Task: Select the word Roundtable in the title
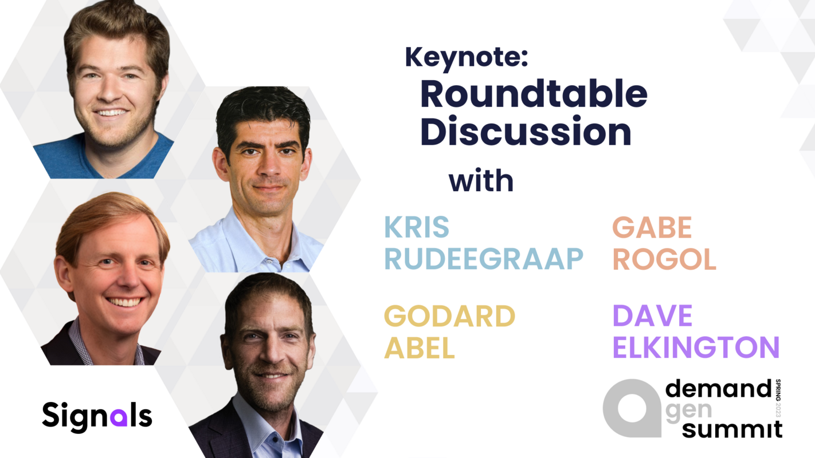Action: [534, 94]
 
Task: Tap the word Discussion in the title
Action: [526, 131]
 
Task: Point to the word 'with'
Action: [481, 181]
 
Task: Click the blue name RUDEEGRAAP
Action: [484, 259]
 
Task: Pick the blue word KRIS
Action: [417, 227]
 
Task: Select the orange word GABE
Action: [652, 227]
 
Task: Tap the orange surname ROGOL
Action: [664, 259]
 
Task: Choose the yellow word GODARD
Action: [450, 315]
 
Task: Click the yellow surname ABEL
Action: [420, 348]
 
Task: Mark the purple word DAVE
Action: [652, 315]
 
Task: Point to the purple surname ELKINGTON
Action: [696, 348]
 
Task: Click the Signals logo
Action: [97, 417]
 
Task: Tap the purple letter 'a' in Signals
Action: [119, 417]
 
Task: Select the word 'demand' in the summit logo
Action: [718, 388]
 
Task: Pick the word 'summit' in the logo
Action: [732, 429]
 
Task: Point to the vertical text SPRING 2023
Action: [778, 398]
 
